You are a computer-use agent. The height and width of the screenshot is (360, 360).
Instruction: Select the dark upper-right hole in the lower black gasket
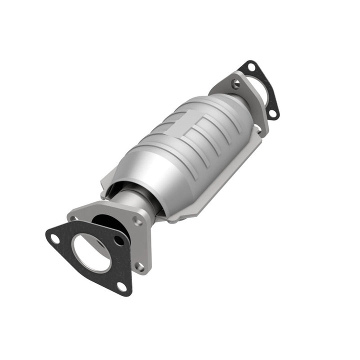[x=118, y=240]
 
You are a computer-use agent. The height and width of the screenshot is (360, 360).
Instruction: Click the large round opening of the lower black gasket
[x=90, y=252]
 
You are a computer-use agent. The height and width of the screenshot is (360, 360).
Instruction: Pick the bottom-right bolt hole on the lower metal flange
[x=140, y=266]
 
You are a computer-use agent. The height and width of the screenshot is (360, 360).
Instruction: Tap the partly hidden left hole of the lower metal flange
[x=73, y=218]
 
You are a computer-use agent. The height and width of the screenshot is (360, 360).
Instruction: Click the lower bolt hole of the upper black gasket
[x=272, y=113]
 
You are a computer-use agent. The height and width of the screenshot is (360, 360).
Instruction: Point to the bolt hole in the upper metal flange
[x=235, y=84]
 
